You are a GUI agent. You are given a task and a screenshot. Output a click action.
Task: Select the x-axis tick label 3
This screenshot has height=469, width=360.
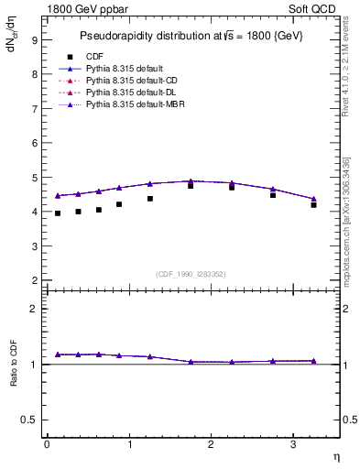[292, 444]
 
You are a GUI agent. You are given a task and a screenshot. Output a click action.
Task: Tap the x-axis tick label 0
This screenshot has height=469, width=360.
[47, 444]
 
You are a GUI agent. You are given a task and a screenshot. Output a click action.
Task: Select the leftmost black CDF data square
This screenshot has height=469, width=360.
[58, 213]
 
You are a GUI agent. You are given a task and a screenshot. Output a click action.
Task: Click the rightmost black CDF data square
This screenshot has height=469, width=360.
[313, 205]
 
